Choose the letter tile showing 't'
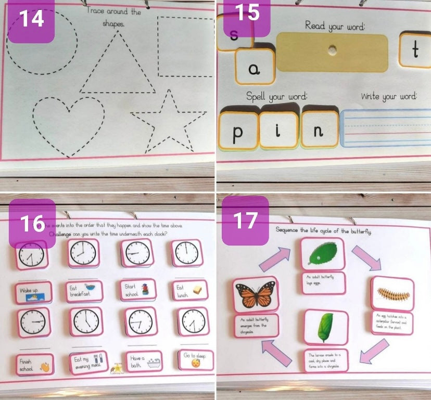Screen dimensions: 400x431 (x=415, y=50)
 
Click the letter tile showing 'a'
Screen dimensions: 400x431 (x=255, y=67)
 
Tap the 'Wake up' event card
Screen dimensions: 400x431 (x=33, y=291)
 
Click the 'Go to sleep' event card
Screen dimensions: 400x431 (x=192, y=359)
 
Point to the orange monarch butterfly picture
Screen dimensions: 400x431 (x=255, y=295)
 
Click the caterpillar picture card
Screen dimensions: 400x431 (x=392, y=294)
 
